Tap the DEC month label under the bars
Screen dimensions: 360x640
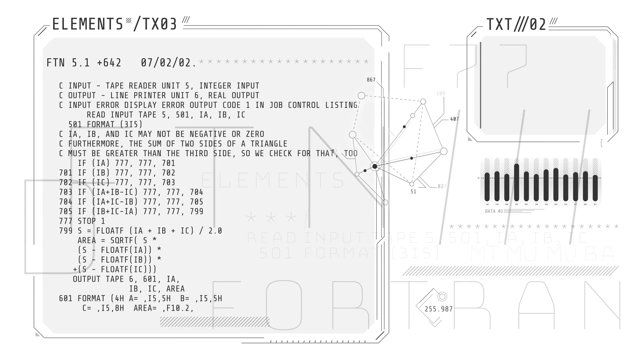[595, 204]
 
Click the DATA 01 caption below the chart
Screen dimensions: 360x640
[494, 211]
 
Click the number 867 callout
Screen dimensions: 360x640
[371, 80]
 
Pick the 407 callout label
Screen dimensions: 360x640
[454, 119]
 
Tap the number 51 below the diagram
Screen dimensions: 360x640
[413, 192]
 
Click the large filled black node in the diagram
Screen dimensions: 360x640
[375, 166]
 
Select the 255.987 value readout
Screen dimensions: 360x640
[438, 309]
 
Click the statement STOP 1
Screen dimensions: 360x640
[91, 221]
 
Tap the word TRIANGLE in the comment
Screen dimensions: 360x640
[269, 144]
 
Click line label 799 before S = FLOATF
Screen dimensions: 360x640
[65, 231]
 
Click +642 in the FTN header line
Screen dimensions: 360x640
[109, 63]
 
